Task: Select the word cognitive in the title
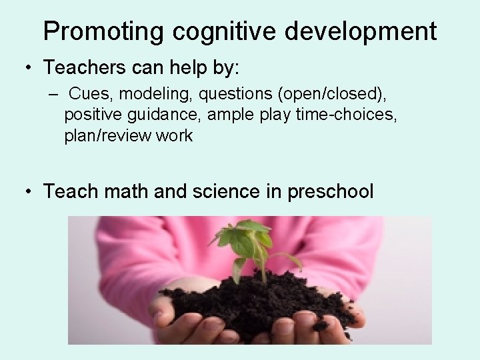(x=213, y=31)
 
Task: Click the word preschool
(x=330, y=193)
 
